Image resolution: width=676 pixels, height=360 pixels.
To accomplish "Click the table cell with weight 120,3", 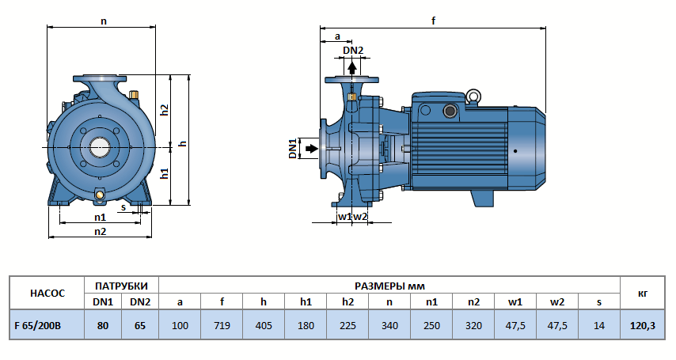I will click(x=643, y=324).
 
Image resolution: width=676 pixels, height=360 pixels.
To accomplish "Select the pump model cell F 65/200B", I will click(x=45, y=324).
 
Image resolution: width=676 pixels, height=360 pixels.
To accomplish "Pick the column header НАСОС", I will click(x=45, y=294).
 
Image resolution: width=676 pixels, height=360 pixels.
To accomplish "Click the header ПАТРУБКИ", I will click(x=121, y=285).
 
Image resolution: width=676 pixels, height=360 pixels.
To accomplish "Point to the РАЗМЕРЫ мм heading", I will click(x=389, y=285).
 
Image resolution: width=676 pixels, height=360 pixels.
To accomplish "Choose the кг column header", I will click(x=643, y=294).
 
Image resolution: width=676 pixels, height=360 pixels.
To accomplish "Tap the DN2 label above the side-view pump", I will click(x=353, y=51).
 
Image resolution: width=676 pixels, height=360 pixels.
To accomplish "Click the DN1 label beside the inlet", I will click(x=292, y=148).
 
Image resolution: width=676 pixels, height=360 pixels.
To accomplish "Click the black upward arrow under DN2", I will click(x=353, y=67).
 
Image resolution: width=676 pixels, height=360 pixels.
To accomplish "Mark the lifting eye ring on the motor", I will click(x=473, y=97).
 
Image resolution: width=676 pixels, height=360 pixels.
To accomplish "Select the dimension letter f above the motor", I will click(x=434, y=21).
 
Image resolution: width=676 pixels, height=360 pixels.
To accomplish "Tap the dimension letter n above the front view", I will click(x=103, y=21).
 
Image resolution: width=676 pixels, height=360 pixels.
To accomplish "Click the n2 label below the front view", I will click(x=101, y=231).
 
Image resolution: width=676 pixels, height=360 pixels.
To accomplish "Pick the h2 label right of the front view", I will click(x=165, y=110).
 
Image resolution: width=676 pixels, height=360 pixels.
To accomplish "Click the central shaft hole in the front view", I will click(x=101, y=147).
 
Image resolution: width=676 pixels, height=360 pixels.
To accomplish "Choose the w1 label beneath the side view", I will click(x=344, y=216).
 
